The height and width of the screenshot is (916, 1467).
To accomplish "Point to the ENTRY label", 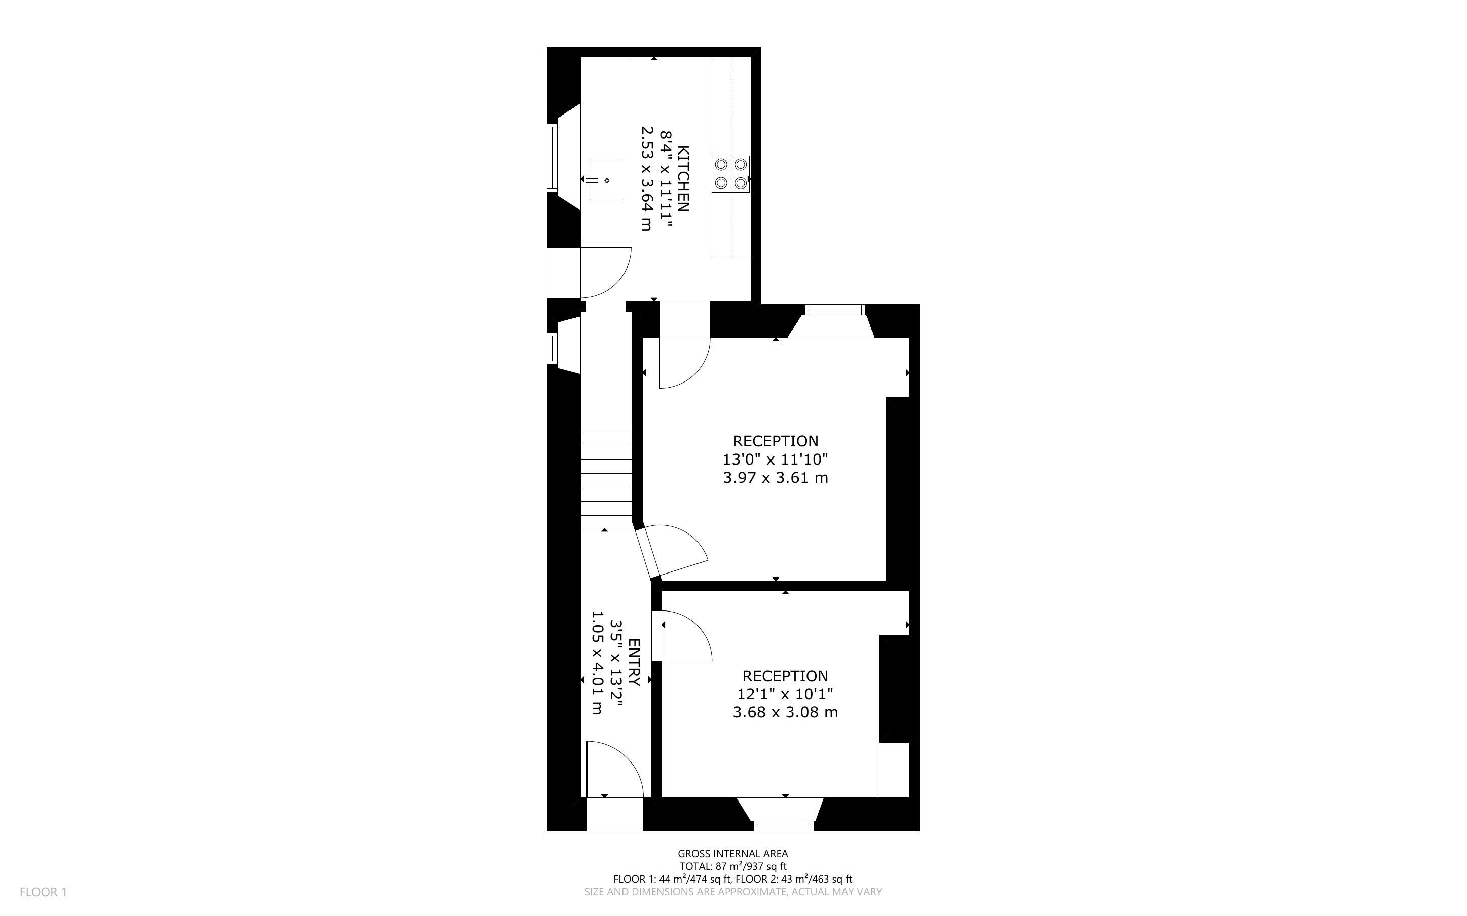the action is point(634,662).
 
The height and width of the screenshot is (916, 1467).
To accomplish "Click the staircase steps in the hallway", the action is point(607,479).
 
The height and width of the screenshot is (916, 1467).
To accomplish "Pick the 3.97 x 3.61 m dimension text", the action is point(775,477).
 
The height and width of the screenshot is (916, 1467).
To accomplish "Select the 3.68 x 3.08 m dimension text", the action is point(785,712).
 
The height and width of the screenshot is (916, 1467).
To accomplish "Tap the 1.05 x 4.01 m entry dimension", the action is point(597,662).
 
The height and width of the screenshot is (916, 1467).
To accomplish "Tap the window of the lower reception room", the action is point(784,826).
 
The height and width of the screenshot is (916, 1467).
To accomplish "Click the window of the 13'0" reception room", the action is point(834,310).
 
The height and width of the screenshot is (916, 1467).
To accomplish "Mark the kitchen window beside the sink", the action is point(552,158).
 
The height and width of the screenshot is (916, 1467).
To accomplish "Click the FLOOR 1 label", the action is point(43,892).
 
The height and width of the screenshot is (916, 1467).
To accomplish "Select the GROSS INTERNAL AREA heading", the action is point(732,854).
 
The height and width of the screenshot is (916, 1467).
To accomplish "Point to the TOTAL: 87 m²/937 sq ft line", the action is point(732,867).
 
